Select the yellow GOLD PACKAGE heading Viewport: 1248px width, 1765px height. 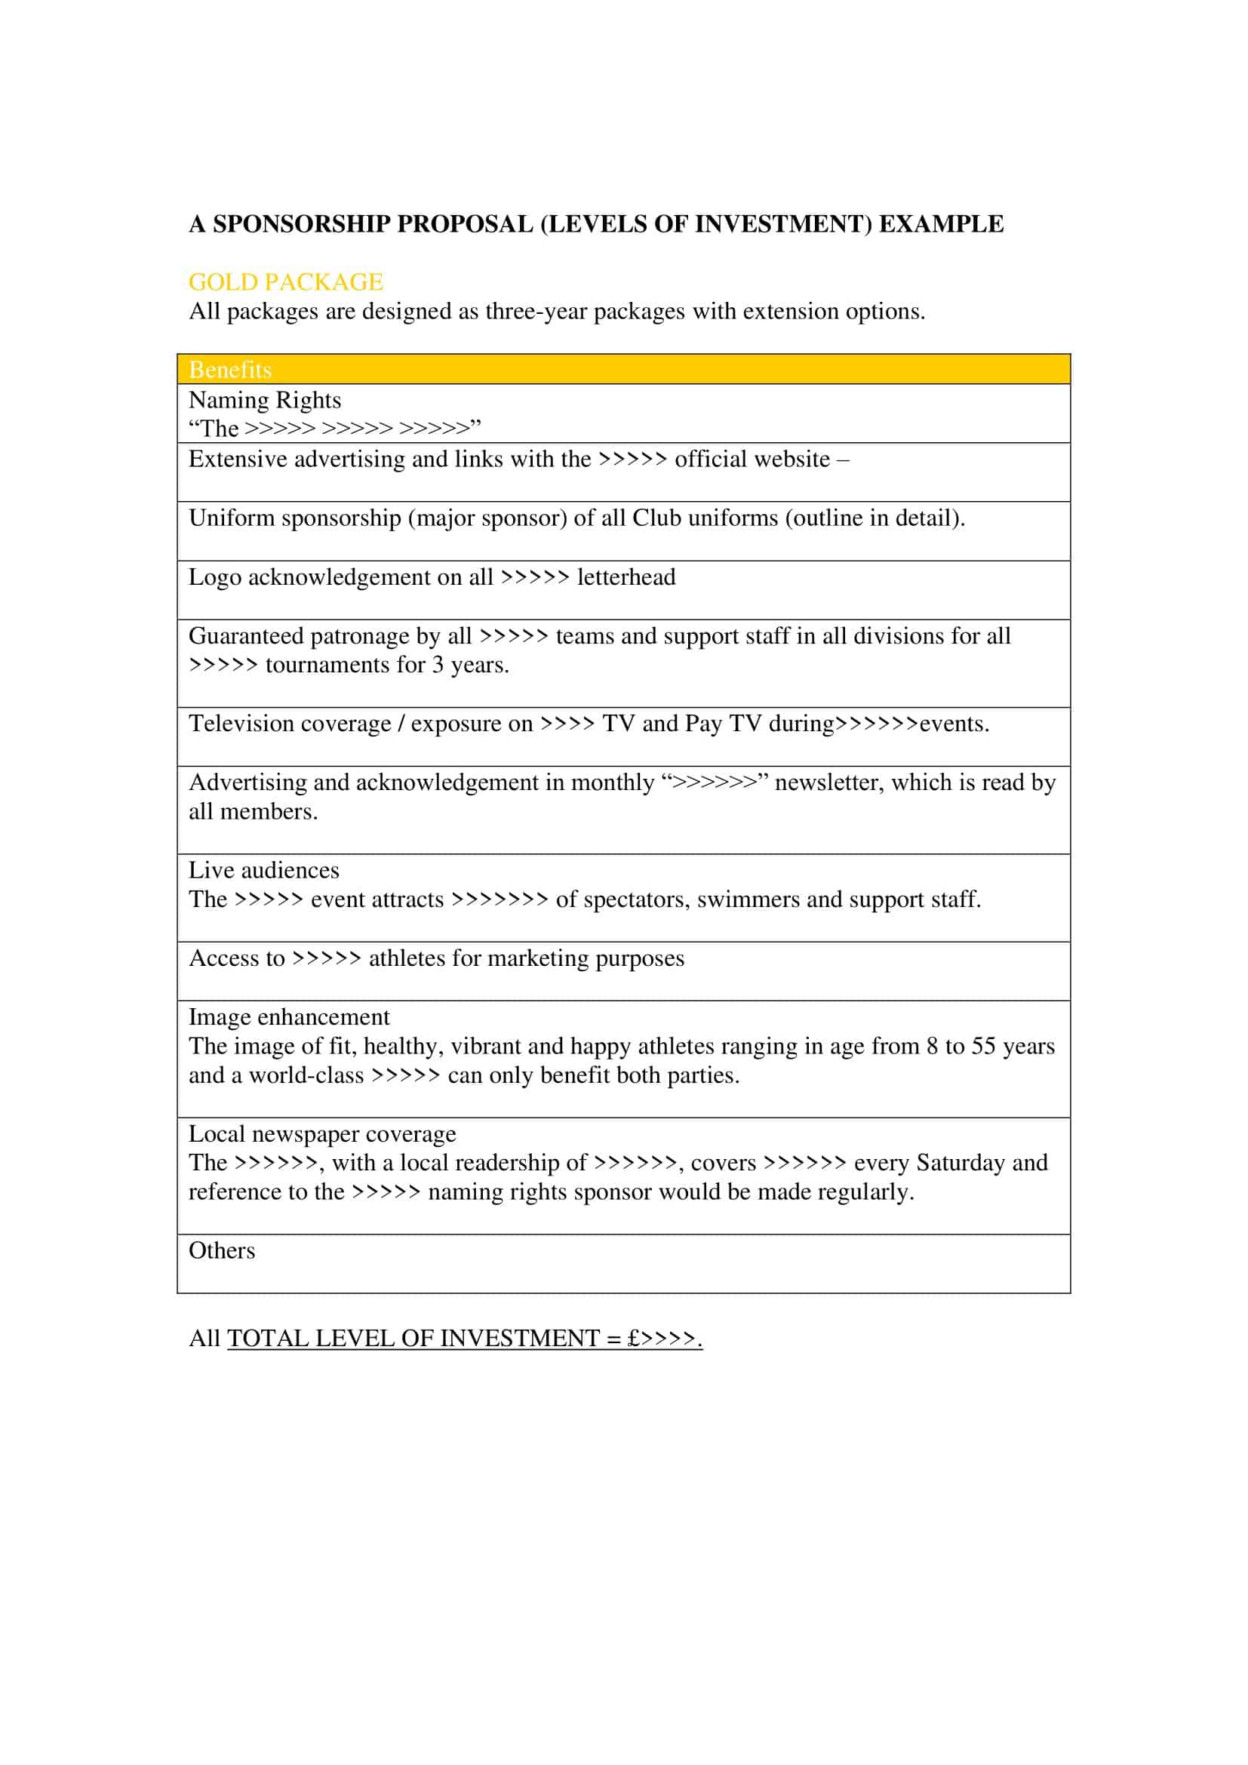coord(285,282)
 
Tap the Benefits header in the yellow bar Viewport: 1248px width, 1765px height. coord(230,370)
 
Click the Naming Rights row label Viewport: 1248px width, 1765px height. coord(264,400)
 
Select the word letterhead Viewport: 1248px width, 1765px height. coord(626,577)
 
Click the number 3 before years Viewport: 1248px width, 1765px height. coord(438,665)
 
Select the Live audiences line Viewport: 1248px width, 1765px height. coord(263,870)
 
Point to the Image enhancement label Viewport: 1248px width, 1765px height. coord(289,1017)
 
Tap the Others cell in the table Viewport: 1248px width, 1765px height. coord(221,1250)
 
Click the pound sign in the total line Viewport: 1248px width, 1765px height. coord(633,1339)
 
